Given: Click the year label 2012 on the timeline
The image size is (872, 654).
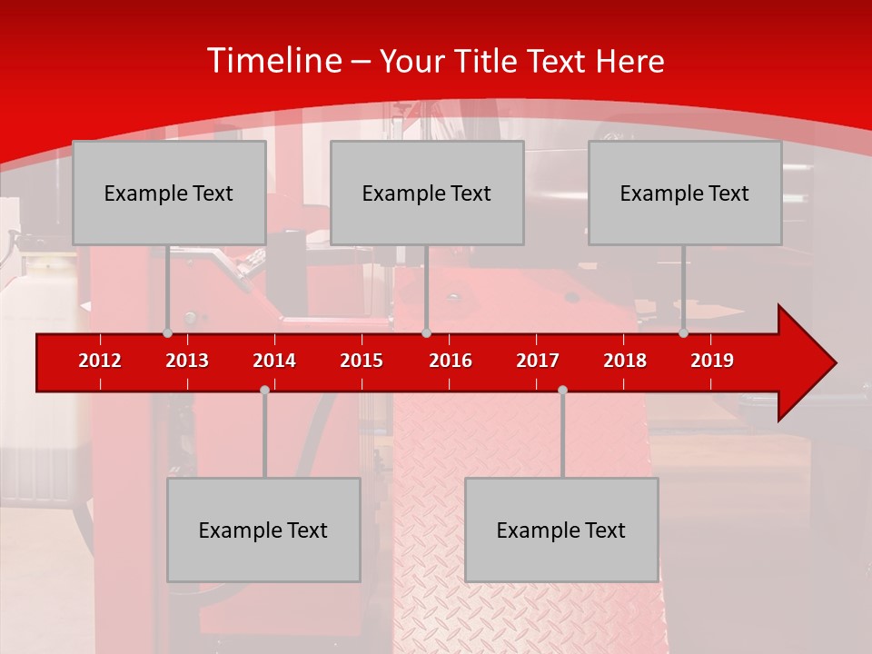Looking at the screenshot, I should (100, 361).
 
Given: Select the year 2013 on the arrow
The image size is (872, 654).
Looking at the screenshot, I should (187, 361).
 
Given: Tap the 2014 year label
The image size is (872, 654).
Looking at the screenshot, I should (274, 361).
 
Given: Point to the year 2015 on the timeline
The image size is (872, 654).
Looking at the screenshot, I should (362, 361).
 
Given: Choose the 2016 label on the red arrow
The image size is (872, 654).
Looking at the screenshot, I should (451, 361).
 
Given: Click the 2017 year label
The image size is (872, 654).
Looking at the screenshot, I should (538, 361).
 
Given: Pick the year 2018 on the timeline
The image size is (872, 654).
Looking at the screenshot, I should (625, 361).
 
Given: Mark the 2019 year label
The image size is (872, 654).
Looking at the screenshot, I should (712, 361).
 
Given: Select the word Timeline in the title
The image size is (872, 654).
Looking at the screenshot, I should (273, 61).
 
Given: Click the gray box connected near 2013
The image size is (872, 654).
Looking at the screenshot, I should (169, 193).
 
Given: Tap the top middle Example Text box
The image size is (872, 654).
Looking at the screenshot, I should (427, 193).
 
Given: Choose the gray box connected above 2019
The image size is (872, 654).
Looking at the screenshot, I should (685, 193).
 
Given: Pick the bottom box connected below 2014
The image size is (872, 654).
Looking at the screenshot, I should (263, 530).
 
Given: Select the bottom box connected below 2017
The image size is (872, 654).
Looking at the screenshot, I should (561, 530).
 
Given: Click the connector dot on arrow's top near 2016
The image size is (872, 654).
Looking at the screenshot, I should (426, 333).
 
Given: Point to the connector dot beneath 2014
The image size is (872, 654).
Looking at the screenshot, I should (264, 390).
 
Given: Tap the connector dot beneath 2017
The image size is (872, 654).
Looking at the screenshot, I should (562, 390).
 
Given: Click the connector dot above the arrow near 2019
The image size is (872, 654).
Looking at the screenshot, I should (683, 333).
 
